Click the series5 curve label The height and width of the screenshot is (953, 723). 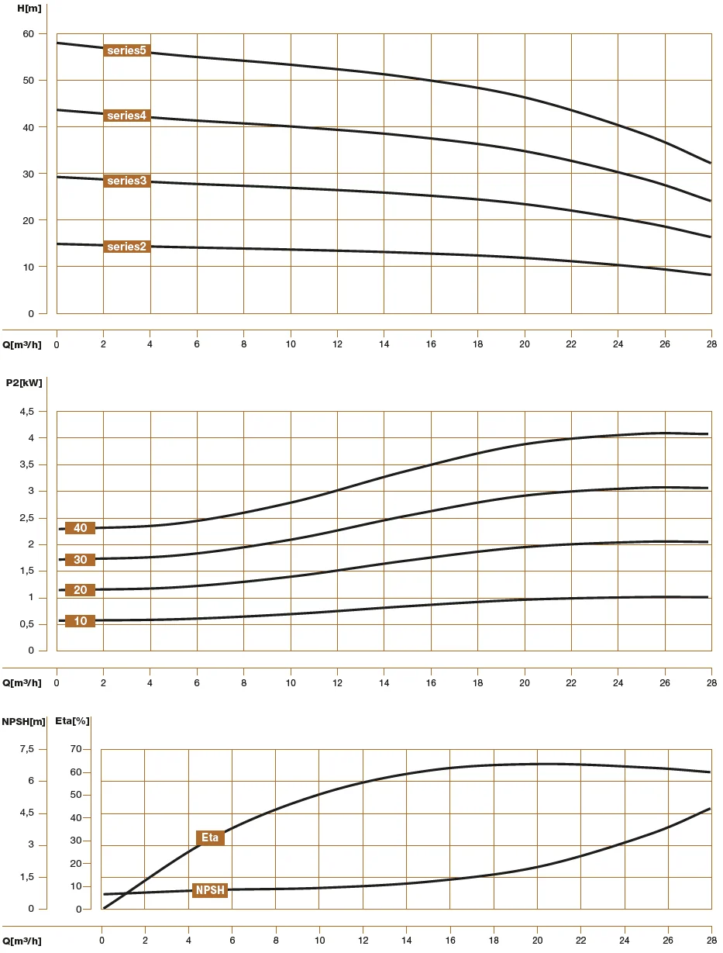click(x=126, y=51)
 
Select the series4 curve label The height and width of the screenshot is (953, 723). click(x=126, y=116)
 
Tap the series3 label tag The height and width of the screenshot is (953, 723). click(x=126, y=181)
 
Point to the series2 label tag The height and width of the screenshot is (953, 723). click(x=126, y=247)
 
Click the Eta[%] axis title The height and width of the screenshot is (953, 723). click(x=73, y=721)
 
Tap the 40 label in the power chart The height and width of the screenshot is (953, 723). click(x=80, y=528)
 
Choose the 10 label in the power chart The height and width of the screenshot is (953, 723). click(x=80, y=621)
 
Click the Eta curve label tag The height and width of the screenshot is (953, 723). click(x=210, y=837)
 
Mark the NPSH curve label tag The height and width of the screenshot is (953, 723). click(x=210, y=890)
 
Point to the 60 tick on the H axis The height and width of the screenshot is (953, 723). click(x=29, y=33)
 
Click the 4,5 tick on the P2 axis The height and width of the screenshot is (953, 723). click(x=27, y=412)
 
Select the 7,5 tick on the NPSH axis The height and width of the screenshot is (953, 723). click(x=27, y=749)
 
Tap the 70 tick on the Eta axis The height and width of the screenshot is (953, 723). click(x=75, y=749)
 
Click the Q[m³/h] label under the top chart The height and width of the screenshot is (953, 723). click(x=22, y=344)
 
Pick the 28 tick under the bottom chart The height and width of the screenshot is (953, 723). click(x=711, y=941)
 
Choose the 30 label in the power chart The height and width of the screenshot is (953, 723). click(x=80, y=560)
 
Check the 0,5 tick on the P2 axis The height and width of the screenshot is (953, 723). click(x=27, y=624)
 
